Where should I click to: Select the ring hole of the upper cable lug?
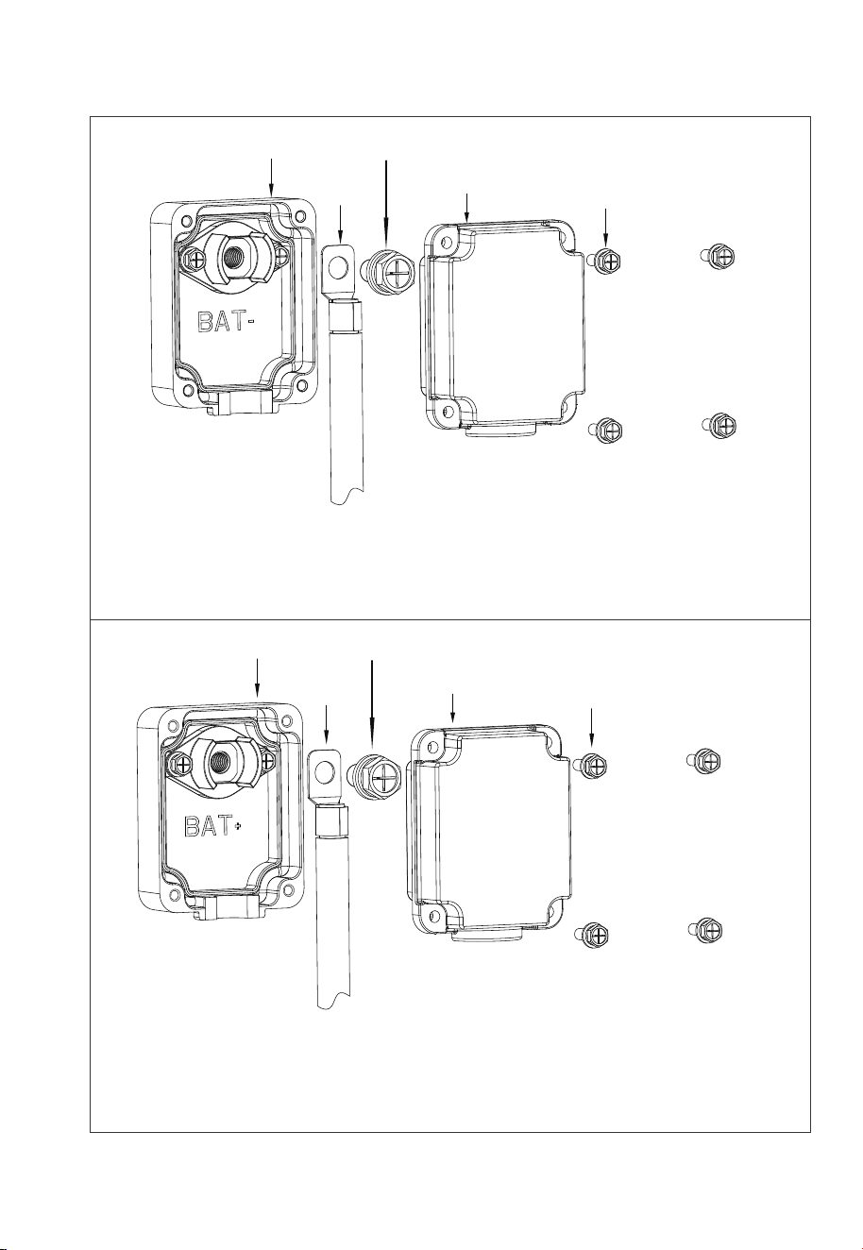337,268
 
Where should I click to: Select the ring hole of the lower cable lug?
323,772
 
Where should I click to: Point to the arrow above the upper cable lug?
340,223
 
